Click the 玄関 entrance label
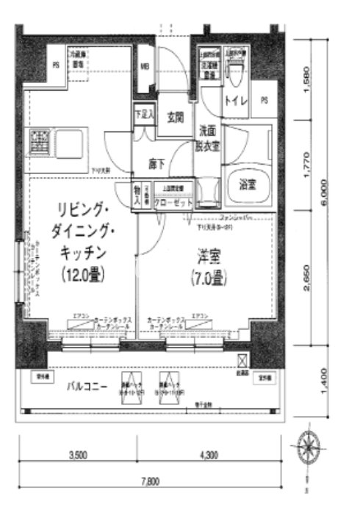point(175,115)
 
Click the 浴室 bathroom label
point(248,184)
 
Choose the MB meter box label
point(145,64)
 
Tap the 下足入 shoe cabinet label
point(143,115)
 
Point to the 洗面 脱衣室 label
point(208,137)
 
